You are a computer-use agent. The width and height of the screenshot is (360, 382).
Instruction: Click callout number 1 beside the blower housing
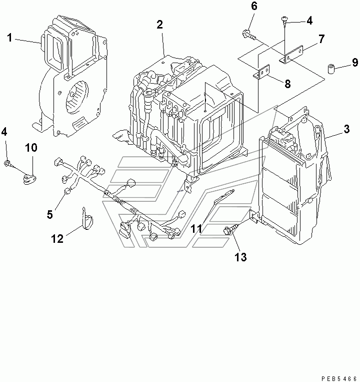10,38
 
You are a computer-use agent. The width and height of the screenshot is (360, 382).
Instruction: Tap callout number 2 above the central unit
159,25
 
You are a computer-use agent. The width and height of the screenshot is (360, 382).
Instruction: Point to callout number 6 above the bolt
253,7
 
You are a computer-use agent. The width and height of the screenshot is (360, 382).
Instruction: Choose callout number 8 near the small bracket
287,84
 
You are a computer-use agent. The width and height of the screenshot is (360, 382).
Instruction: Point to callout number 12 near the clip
57,239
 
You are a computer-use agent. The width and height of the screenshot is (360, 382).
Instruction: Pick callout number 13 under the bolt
240,257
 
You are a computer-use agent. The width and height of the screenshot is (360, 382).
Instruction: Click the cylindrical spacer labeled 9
330,69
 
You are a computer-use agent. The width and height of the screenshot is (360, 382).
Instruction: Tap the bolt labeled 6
248,35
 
